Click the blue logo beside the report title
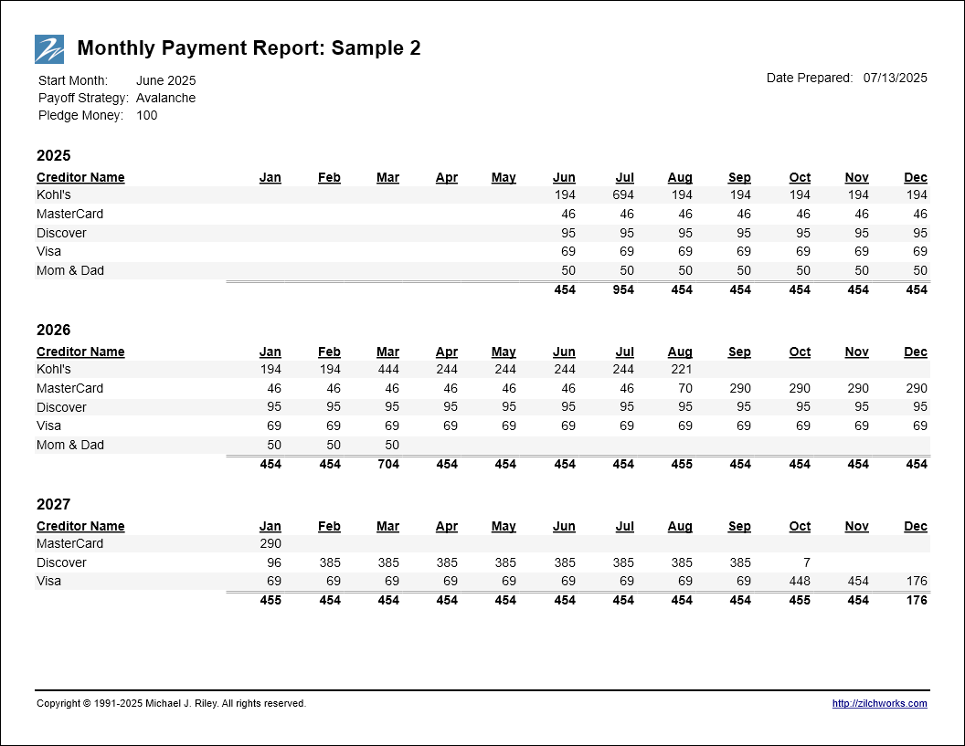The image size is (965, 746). (x=49, y=49)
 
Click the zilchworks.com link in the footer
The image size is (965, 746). (x=879, y=703)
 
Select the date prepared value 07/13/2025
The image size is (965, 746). (x=895, y=78)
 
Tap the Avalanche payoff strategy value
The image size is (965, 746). (x=165, y=98)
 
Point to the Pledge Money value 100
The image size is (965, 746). (x=146, y=115)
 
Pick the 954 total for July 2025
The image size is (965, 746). (x=623, y=289)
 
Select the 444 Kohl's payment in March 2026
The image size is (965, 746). (x=388, y=369)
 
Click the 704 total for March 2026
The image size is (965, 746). (x=388, y=465)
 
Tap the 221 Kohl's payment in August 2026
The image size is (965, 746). (x=682, y=369)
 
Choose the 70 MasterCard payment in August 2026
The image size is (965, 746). (x=685, y=388)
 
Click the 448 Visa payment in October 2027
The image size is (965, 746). (x=800, y=581)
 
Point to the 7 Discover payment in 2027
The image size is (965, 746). (x=806, y=562)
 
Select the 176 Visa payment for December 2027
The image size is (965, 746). (x=917, y=581)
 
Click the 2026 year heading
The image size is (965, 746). (x=54, y=331)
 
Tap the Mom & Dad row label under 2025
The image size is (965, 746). (x=70, y=270)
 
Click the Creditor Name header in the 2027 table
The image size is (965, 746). (x=80, y=527)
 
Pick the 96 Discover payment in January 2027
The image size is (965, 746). (x=274, y=562)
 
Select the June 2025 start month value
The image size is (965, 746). (x=165, y=80)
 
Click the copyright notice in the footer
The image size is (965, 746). (x=171, y=703)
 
